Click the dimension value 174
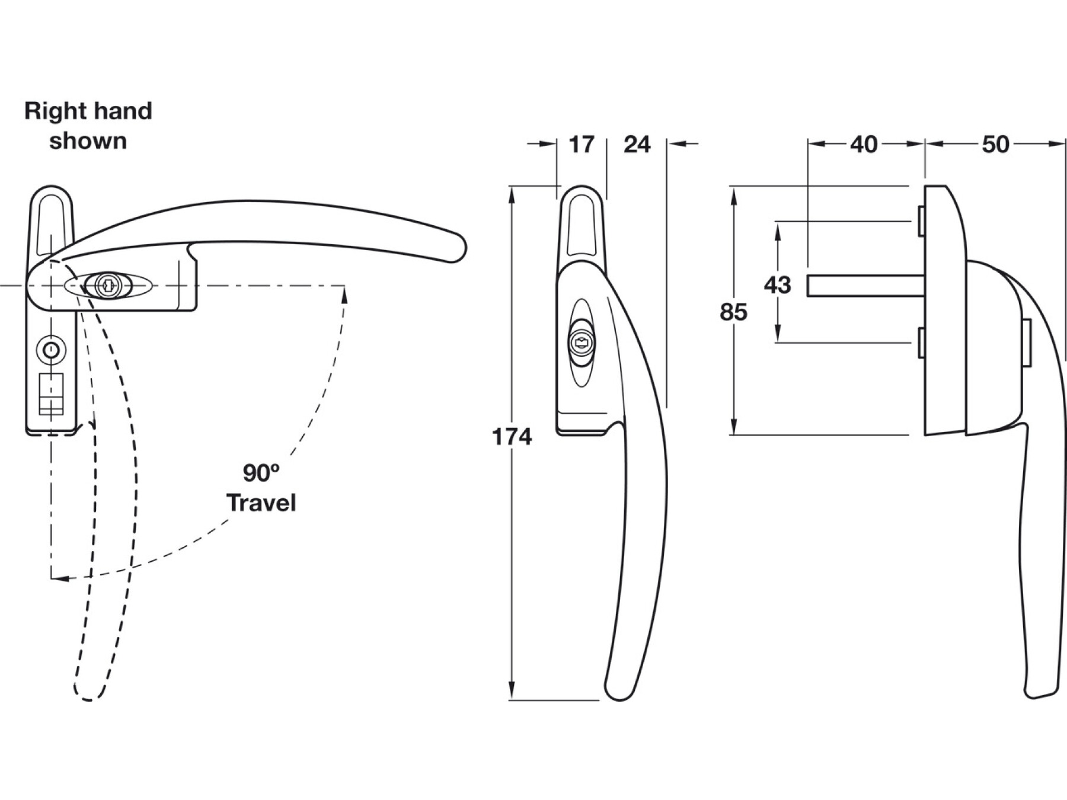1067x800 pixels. coord(512,437)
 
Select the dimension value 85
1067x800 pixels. coord(733,312)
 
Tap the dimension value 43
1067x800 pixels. coord(777,285)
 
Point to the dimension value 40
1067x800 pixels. coord(864,145)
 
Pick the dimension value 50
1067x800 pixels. coord(995,145)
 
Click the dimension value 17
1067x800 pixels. coord(581,145)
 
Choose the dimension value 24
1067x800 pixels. coord(637,145)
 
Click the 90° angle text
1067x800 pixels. coord(261,473)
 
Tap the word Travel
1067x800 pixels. coord(261,503)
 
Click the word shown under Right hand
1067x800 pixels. coord(88,142)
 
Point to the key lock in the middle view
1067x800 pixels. coord(582,343)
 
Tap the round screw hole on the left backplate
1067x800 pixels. coord(52,350)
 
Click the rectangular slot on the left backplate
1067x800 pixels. coord(51,393)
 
